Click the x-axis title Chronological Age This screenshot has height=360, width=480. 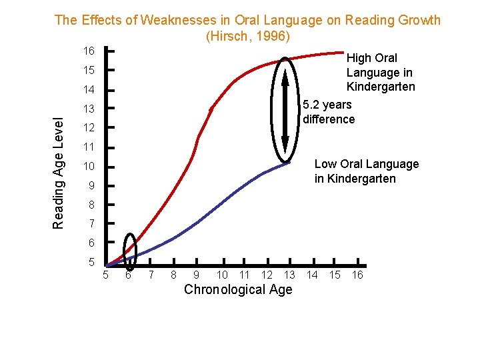(238, 289)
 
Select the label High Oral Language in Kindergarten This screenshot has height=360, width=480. (380, 73)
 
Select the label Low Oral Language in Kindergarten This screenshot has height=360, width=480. (366, 171)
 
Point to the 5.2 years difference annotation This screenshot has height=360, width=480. (329, 112)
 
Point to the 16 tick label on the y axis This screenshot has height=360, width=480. (88, 51)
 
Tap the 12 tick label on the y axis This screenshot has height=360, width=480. (88, 128)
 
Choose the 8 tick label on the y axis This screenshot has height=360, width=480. (91, 205)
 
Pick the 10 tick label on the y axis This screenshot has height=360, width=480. (88, 167)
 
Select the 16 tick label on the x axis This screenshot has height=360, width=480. (357, 275)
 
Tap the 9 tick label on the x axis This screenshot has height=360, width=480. (196, 275)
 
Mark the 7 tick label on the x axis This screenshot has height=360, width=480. (151, 275)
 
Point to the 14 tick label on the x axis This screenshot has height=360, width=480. (312, 275)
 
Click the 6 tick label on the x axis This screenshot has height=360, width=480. (127, 275)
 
